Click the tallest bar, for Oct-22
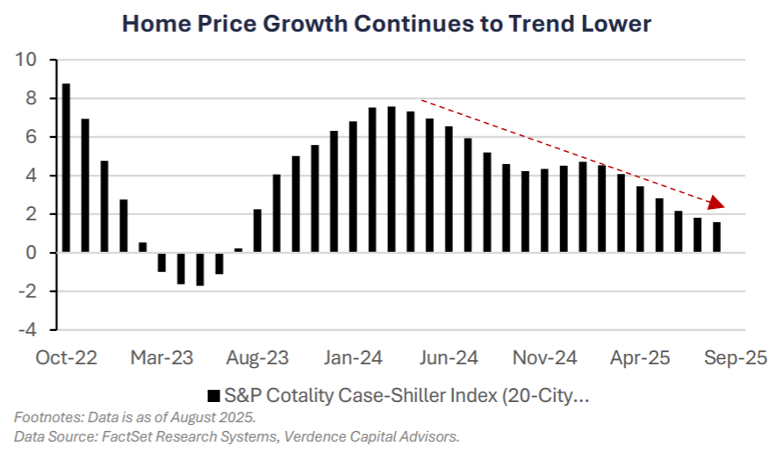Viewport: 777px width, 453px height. pyautogui.click(x=66, y=168)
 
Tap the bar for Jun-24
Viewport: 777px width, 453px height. pyautogui.click(x=449, y=190)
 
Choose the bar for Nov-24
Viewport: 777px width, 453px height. pyautogui.click(x=544, y=211)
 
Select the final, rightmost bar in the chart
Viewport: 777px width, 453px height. pyautogui.click(x=716, y=237)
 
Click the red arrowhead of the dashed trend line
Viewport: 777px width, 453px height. pyautogui.click(x=717, y=203)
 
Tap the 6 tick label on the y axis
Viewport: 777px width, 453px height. pyautogui.click(x=31, y=138)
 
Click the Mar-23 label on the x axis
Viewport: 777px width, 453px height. pyautogui.click(x=162, y=358)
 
